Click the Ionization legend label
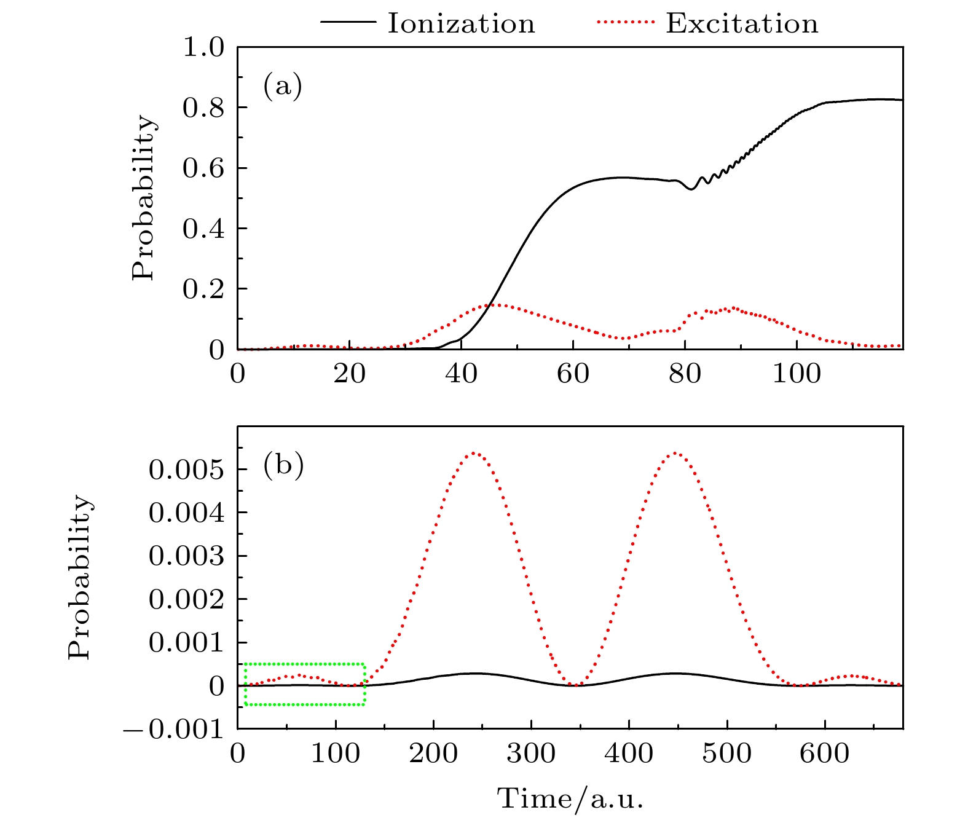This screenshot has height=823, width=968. (x=461, y=24)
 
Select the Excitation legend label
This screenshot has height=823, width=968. (x=742, y=24)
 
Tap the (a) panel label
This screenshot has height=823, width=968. (x=283, y=86)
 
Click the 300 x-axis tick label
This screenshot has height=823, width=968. (x=531, y=753)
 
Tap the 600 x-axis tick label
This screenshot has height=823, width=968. (x=824, y=753)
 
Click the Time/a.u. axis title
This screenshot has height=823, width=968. (x=570, y=798)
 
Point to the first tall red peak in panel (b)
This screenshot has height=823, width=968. (x=473, y=453)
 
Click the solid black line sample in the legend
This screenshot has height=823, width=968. (x=347, y=23)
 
